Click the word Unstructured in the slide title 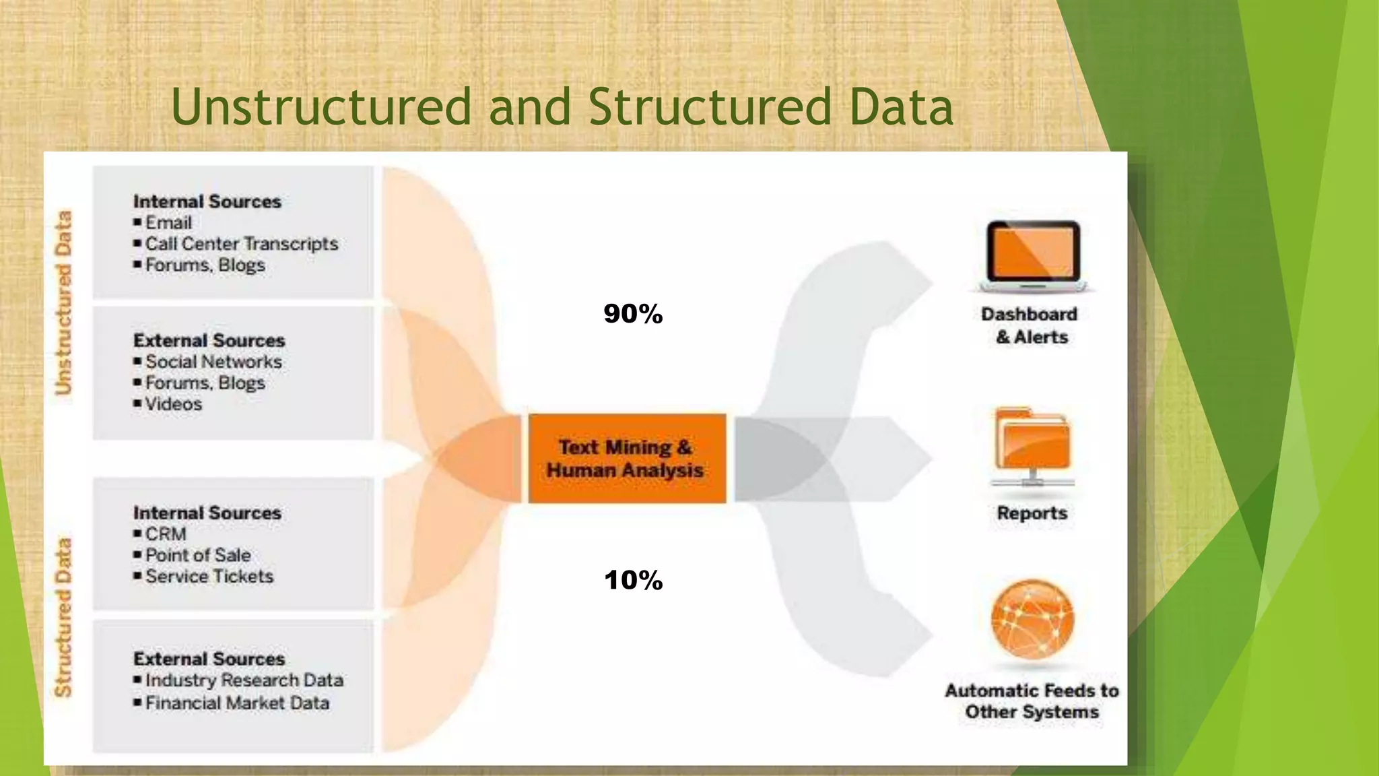tap(321, 108)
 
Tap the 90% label tap(633, 314)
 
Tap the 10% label tap(633, 580)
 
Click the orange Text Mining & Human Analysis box tap(626, 458)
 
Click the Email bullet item tap(168, 223)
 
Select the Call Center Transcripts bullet tap(241, 244)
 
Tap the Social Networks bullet tap(213, 362)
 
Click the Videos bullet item tap(173, 404)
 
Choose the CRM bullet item tap(166, 534)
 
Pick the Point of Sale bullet tap(198, 555)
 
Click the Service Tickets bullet tap(209, 577)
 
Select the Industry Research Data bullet tap(244, 680)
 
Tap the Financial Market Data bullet tap(237, 703)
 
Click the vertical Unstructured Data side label tap(63, 302)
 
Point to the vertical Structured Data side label tap(63, 616)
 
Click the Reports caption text tap(1032, 513)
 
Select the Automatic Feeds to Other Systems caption tap(1032, 701)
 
